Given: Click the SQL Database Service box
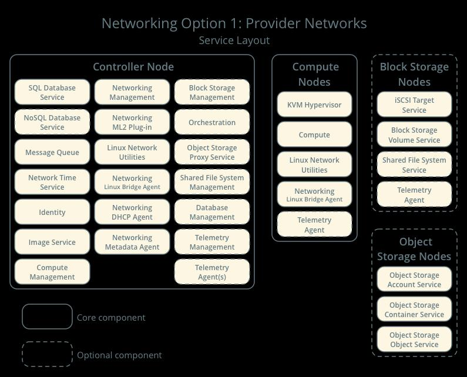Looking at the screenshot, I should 52,92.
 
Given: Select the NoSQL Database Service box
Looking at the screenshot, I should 52,122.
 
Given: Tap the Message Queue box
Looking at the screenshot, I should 52,152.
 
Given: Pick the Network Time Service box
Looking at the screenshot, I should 52,182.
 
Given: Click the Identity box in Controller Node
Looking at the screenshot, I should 52,212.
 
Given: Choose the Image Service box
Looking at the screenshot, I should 52,242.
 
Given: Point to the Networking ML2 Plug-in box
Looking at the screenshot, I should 132,122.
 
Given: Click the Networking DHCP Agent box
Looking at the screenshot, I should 132,212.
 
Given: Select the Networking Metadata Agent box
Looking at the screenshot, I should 132,242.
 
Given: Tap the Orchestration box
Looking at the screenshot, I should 212,122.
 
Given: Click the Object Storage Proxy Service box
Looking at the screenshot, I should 212,152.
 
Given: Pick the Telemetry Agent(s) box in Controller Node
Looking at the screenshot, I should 212,272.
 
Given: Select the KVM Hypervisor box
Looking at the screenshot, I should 314,105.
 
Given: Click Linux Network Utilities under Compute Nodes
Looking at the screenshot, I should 314,164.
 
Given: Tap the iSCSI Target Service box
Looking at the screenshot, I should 414,105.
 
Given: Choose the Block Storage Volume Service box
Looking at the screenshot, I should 414,134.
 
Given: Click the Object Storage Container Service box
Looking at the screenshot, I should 414,309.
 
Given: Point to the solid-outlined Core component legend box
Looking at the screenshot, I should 47,317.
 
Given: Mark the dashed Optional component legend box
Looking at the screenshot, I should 47,354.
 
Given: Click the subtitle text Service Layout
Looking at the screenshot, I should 234,41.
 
